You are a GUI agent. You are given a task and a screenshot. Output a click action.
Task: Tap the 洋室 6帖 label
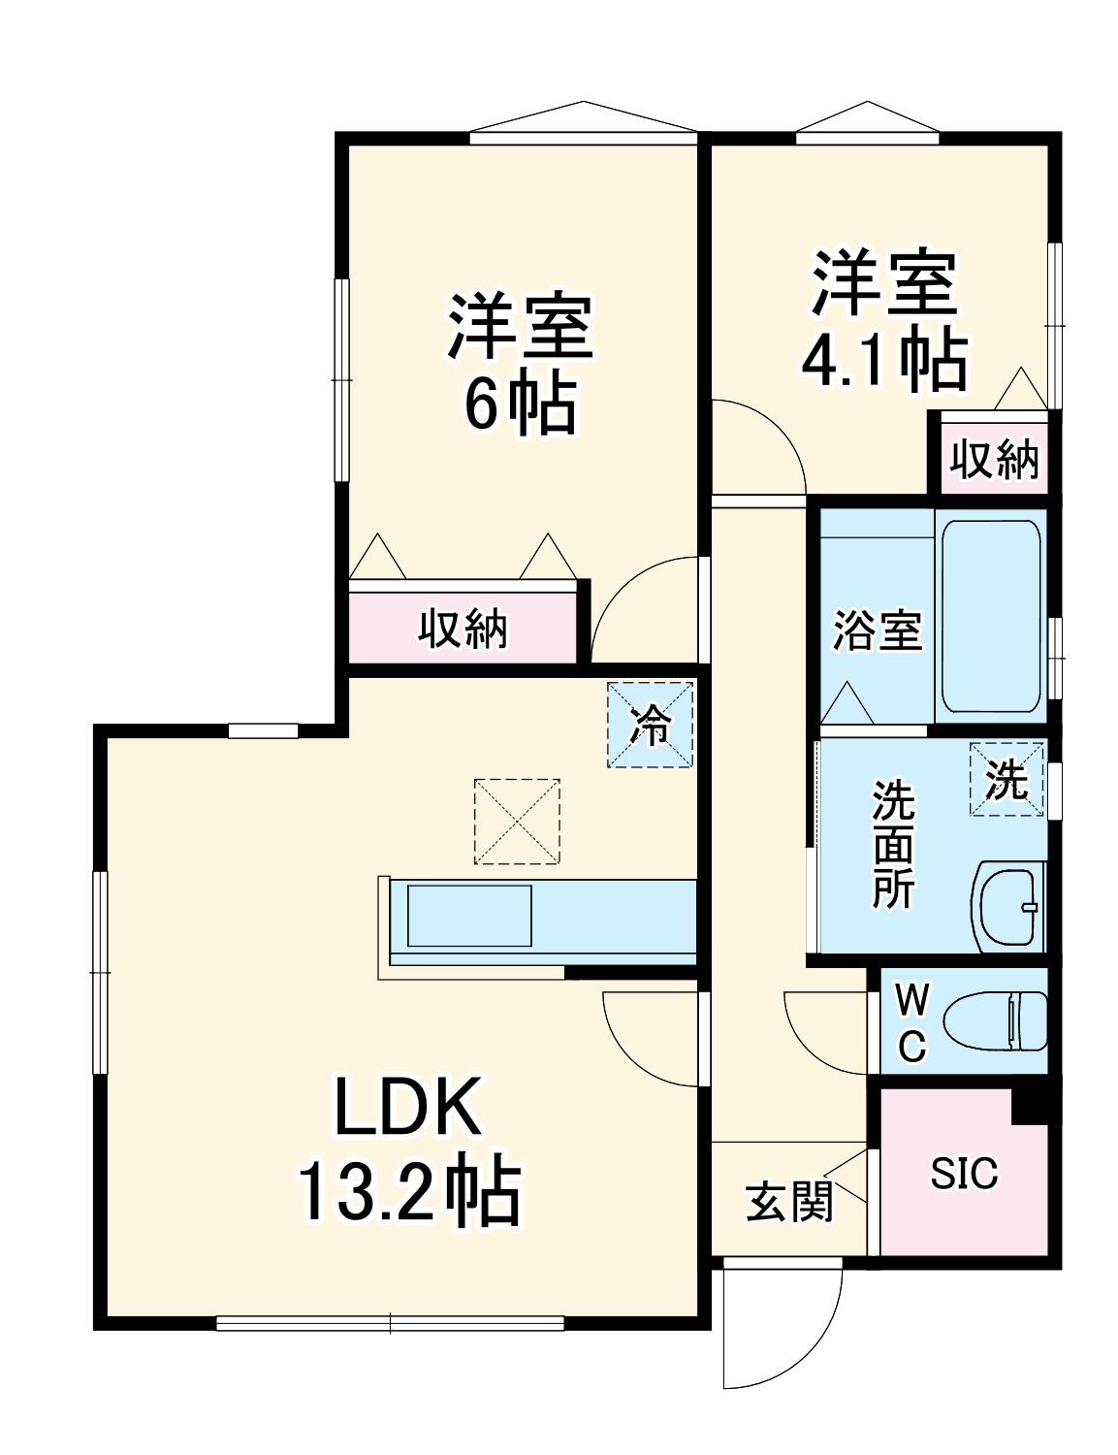click(520, 363)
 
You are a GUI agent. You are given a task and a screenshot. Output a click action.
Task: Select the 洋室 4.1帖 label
click(883, 321)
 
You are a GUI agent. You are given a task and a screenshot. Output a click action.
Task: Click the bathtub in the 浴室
click(990, 615)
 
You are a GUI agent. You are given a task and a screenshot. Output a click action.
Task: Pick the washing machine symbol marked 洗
click(1007, 779)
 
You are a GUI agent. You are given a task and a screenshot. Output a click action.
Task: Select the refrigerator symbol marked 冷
click(651, 725)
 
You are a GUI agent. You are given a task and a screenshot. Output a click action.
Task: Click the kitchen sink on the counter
click(469, 916)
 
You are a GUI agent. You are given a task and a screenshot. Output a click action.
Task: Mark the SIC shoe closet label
click(964, 1174)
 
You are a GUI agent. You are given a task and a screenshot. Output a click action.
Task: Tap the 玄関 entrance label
click(789, 1203)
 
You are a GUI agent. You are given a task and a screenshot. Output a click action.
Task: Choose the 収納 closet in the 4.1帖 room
click(994, 459)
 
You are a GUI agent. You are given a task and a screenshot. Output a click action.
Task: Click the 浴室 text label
click(877, 631)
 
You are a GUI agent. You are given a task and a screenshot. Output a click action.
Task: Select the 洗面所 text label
click(892, 844)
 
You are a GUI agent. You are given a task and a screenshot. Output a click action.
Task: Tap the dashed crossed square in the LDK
click(517, 821)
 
